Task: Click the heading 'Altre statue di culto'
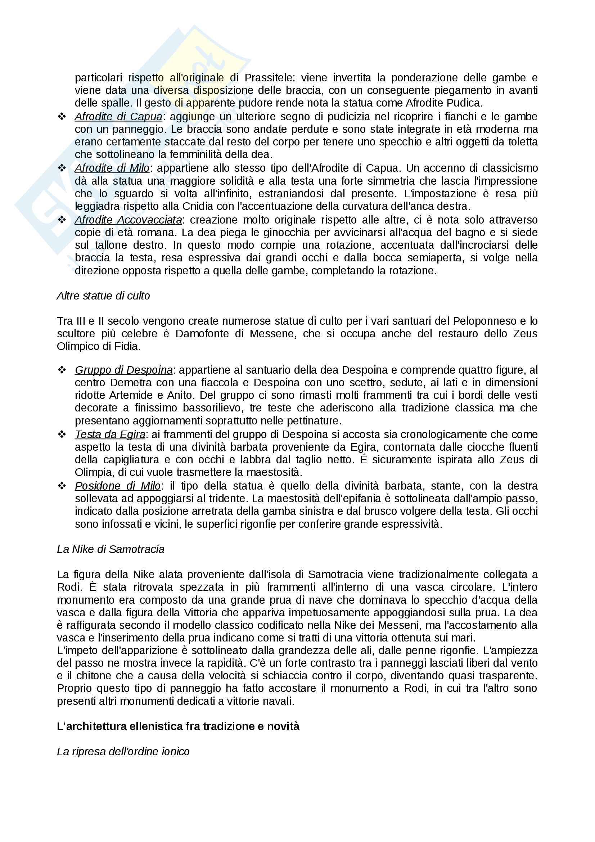point(103,296)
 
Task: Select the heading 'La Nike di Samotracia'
point(111,549)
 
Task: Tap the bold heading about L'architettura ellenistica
point(178,726)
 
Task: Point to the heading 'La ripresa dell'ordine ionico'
point(123,751)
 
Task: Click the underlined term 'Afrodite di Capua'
point(118,117)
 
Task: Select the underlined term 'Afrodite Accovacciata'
point(128,220)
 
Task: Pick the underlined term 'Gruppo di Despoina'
point(123,370)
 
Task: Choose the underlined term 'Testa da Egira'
point(110,434)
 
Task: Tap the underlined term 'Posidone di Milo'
point(118,486)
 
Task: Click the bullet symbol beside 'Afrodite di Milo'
point(62,168)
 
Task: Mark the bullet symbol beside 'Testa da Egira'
point(62,434)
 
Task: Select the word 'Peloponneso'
point(483,321)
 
